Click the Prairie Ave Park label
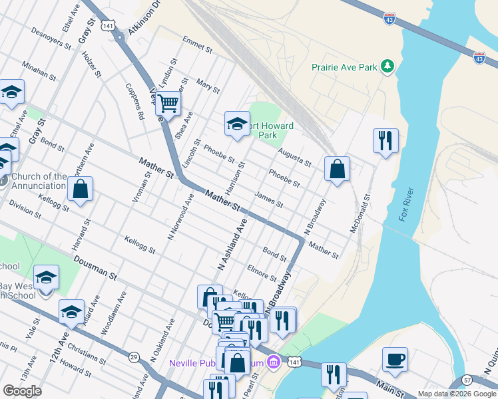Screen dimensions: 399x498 pos(344,67)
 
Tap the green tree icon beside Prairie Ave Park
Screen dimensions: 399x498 pos(386,66)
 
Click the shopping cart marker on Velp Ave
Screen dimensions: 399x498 pos(169,103)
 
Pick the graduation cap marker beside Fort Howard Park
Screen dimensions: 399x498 pos(237,123)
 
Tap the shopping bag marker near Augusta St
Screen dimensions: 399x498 pos(338,169)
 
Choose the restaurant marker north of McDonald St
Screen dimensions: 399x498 pos(385,140)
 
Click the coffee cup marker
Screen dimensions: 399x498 pos(395,360)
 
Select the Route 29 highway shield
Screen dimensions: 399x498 pos(134,356)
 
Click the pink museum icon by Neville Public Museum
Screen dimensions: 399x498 pos(272,362)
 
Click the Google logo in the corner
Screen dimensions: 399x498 pos(22,391)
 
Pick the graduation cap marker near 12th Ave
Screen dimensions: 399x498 pos(71,311)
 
